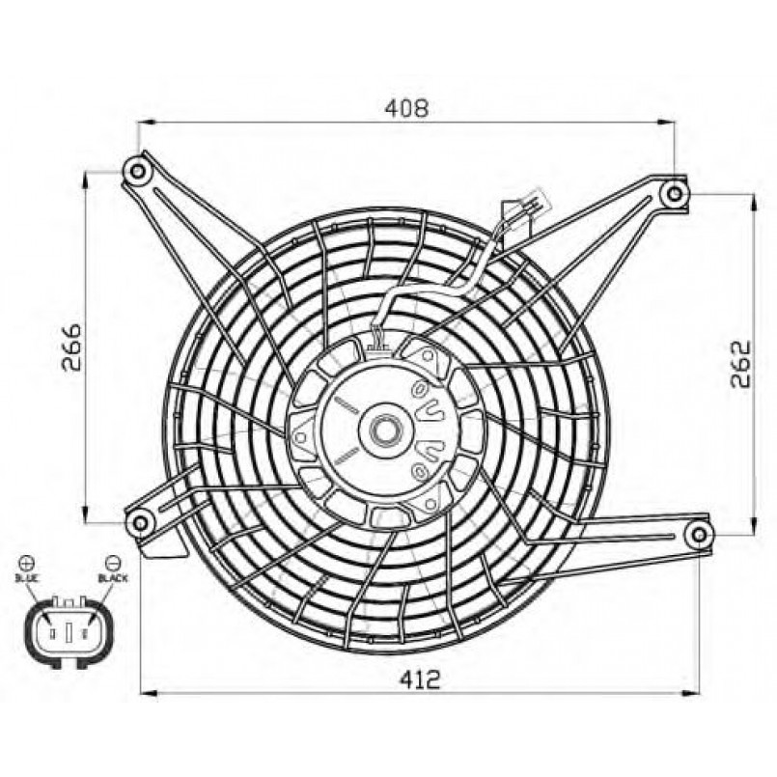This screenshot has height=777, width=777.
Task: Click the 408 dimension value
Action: coord(406,108)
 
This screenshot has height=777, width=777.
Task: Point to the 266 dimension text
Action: coord(71,347)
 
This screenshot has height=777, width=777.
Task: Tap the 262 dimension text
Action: coord(741,364)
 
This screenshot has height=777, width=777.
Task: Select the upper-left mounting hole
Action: coord(137,172)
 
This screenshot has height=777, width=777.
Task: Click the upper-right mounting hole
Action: coord(674,193)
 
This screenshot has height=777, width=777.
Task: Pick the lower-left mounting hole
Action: coord(140,522)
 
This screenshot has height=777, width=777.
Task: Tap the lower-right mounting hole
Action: coord(698,535)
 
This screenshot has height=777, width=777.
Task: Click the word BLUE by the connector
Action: coord(27,578)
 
